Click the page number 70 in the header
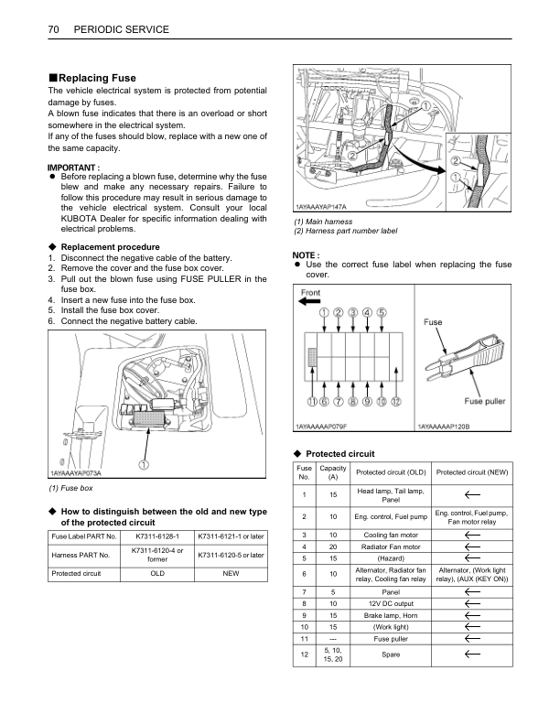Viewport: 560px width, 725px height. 53,30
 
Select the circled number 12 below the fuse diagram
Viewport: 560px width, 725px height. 395,401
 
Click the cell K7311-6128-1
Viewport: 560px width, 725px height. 157,536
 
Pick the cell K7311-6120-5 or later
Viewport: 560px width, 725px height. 231,555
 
